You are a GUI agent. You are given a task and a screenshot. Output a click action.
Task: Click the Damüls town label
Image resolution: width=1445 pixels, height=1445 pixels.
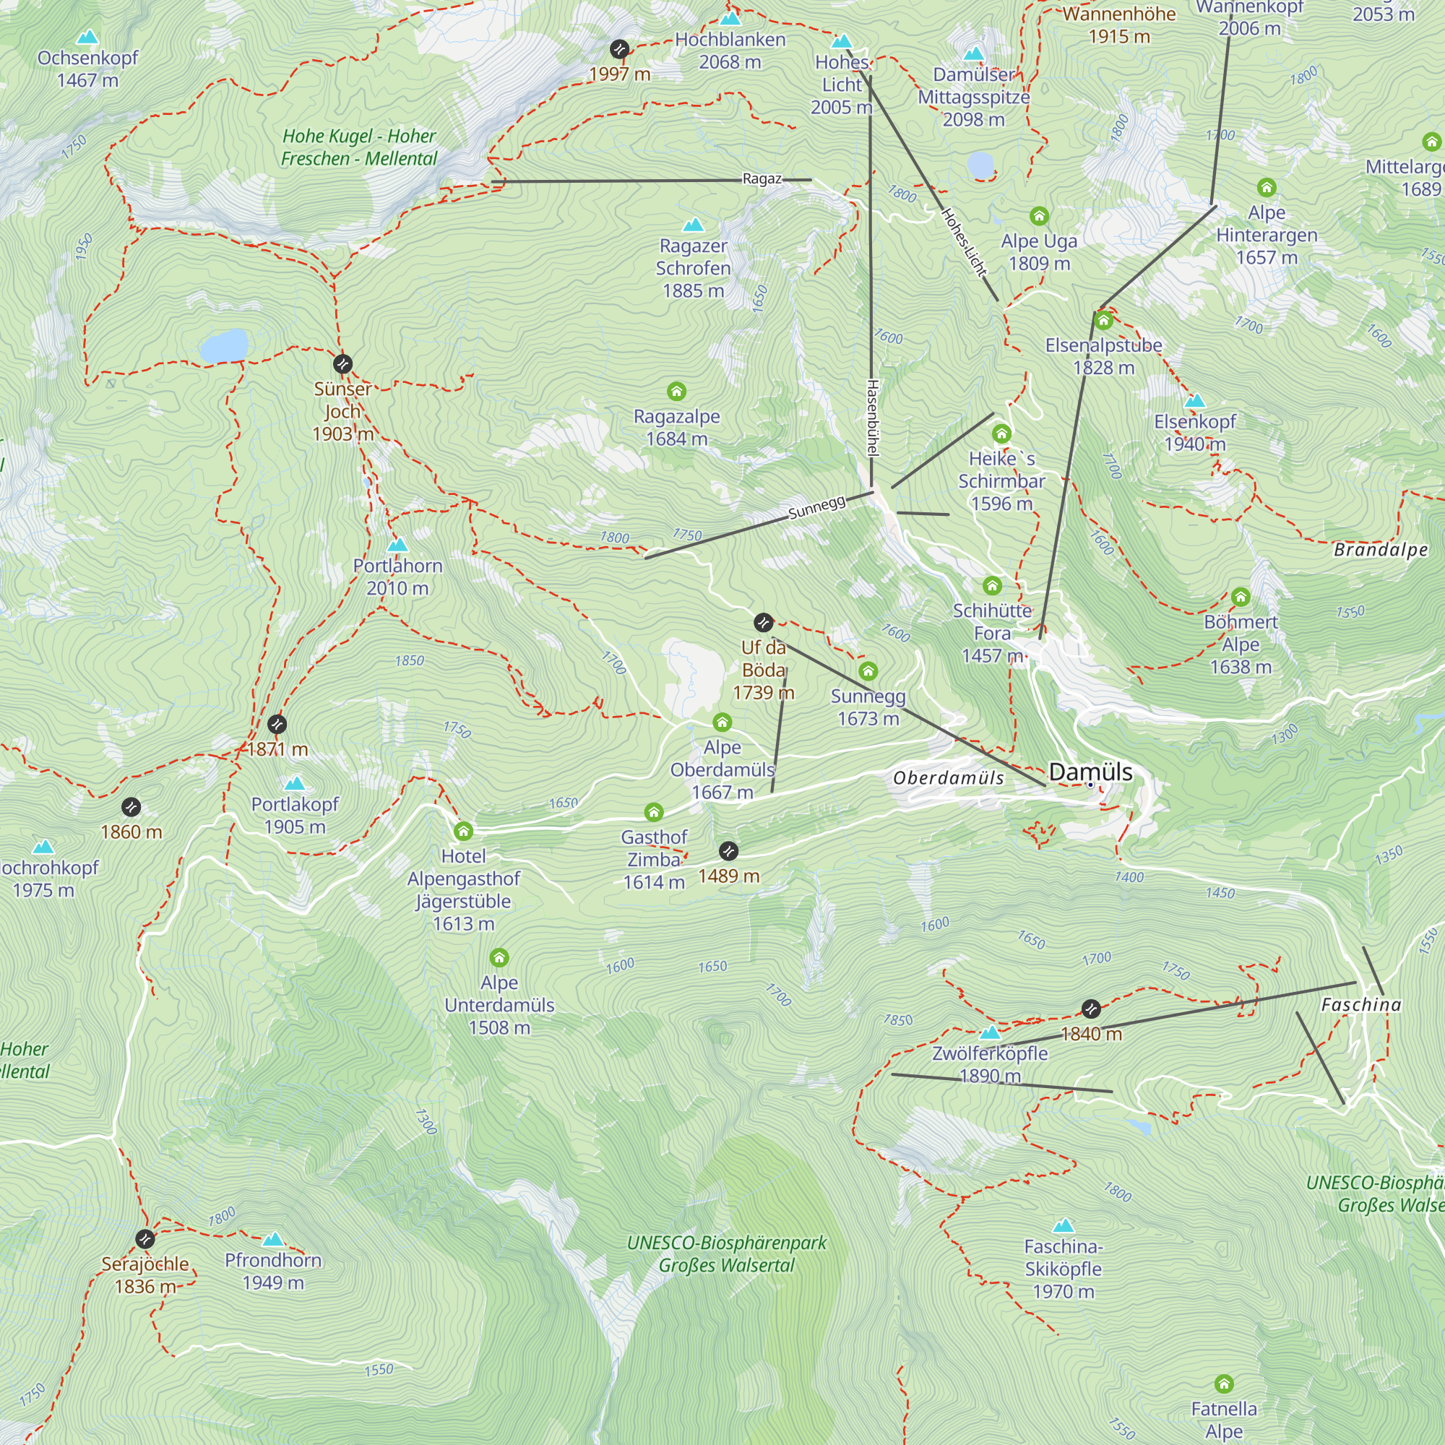pos(1090,772)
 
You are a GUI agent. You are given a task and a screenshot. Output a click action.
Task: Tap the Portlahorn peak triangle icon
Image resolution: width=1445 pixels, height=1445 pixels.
pos(398,545)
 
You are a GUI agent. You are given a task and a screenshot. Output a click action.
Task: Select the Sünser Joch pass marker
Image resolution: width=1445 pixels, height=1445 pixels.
pos(342,364)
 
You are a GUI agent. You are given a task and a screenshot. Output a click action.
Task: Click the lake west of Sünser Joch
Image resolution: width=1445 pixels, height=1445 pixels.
pos(224,346)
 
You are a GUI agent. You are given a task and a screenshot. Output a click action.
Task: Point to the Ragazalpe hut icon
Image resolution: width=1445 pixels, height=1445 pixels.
pos(676,391)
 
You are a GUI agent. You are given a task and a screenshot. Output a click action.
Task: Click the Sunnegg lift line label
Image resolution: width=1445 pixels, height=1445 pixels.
pos(816,507)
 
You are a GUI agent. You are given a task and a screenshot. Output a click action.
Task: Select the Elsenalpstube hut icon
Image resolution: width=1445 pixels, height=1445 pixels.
pos(1103,321)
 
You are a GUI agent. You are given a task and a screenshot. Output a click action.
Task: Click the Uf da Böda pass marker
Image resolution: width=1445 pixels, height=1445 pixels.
pos(763,622)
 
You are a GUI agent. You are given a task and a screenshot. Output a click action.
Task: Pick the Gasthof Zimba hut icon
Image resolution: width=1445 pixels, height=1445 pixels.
pos(654,812)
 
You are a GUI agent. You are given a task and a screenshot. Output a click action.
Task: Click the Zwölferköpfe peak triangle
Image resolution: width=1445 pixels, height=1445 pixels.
pos(990,1033)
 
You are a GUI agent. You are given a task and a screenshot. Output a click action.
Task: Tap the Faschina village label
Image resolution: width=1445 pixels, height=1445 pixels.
pos(1360,1004)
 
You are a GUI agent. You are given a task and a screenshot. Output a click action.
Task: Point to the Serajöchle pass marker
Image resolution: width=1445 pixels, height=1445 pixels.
pos(145,1239)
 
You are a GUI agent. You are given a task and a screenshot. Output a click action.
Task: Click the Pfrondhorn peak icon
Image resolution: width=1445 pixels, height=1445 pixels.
pos(273,1239)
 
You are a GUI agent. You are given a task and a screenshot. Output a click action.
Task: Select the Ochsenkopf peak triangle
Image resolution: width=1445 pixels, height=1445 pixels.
pos(87,37)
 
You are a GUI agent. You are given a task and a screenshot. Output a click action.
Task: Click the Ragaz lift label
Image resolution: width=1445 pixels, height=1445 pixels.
pos(762,179)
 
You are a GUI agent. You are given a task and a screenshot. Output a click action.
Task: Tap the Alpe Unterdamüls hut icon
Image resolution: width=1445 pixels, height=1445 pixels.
pos(499,957)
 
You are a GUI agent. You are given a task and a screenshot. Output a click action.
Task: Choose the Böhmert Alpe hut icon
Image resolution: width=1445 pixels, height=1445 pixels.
pos(1240,597)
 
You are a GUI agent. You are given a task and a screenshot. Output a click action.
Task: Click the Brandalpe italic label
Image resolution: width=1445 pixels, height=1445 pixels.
pos(1380,550)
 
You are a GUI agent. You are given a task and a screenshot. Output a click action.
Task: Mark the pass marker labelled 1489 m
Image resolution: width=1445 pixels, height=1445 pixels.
pos(728,851)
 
